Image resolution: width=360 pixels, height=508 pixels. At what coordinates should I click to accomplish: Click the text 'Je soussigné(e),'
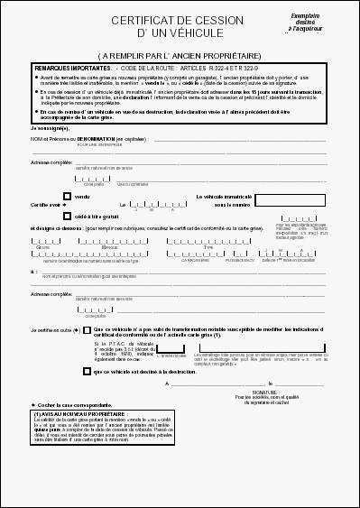[49, 129]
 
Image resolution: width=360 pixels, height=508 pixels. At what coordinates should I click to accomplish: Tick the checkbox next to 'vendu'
[66, 196]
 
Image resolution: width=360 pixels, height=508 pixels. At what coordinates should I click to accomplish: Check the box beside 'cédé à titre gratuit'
[66, 217]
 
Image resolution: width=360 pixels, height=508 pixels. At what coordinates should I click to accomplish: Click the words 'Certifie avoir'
[44, 206]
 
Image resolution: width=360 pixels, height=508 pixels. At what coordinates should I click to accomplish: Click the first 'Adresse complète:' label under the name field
[52, 162]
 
